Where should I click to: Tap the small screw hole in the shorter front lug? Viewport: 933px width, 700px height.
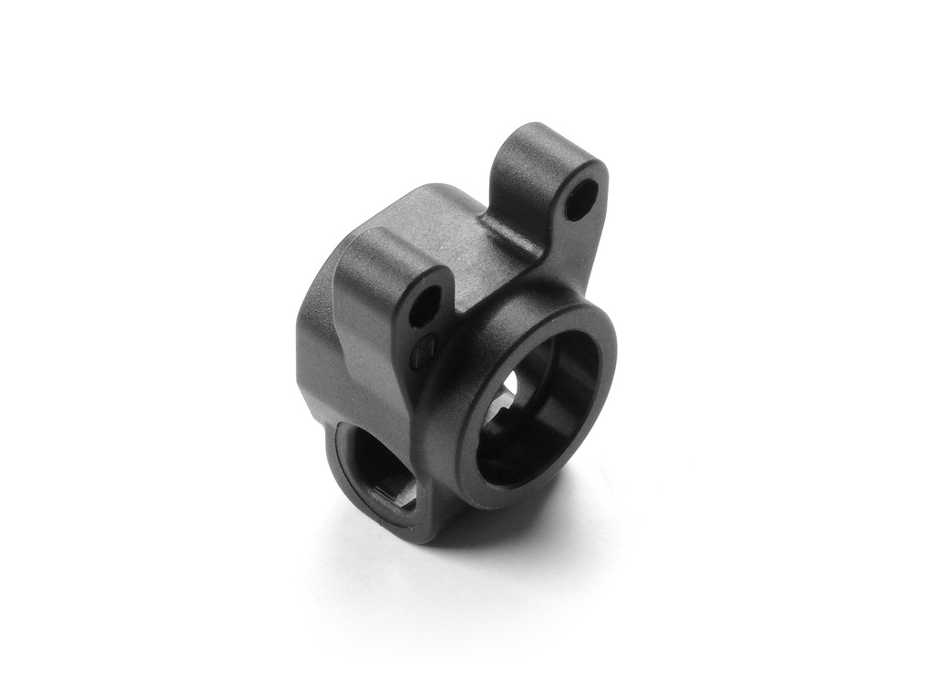point(424,310)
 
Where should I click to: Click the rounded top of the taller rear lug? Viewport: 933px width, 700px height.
point(538,137)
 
